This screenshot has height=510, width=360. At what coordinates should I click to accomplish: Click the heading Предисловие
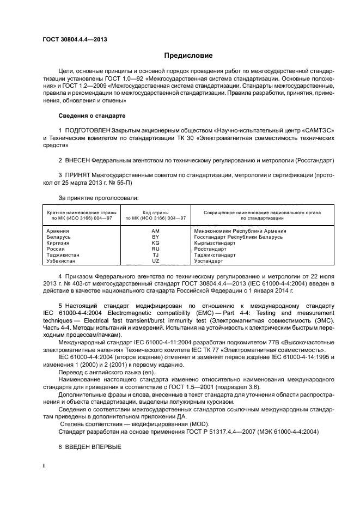pos(188,56)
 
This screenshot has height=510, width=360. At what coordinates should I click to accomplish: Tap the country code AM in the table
pos(155,231)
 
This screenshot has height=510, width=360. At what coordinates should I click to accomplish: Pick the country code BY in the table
pos(155,237)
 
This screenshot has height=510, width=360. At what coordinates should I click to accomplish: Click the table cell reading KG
pos(155,243)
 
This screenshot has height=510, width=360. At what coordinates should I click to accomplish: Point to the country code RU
pos(155,249)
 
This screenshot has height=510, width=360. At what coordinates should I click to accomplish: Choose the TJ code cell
pos(155,255)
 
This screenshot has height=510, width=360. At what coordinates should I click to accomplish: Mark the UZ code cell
pos(155,261)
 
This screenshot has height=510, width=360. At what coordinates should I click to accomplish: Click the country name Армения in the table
pos(59,231)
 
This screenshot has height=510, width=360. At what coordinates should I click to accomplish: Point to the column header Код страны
pos(155,212)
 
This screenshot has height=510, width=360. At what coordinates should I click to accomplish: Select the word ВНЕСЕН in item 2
pos(76,161)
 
